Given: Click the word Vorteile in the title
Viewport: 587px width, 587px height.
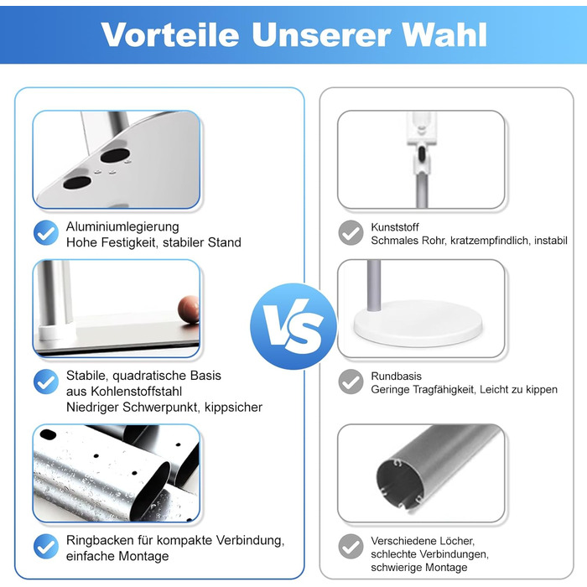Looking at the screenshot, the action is [170, 35].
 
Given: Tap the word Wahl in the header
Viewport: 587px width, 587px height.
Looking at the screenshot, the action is [444, 35].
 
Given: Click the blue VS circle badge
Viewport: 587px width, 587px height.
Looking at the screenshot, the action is [293, 326].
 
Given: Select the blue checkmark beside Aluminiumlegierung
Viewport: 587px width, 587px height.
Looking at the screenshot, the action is [46, 233].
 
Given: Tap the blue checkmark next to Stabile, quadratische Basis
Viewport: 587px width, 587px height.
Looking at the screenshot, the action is [46, 382].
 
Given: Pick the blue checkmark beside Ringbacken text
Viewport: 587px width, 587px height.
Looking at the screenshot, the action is [46, 547].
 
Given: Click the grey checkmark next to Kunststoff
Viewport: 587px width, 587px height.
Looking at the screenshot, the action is [351, 233].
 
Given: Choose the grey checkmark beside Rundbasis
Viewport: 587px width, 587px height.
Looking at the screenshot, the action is [351, 382].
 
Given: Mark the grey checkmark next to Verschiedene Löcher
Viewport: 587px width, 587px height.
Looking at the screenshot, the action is [351, 547].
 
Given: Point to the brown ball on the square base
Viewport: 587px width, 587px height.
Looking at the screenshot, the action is [189, 309].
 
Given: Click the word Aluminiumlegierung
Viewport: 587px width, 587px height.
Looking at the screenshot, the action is [122, 227].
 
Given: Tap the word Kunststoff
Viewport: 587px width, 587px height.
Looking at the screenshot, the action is [395, 227].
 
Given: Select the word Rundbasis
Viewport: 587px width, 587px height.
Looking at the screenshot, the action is [396, 377].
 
